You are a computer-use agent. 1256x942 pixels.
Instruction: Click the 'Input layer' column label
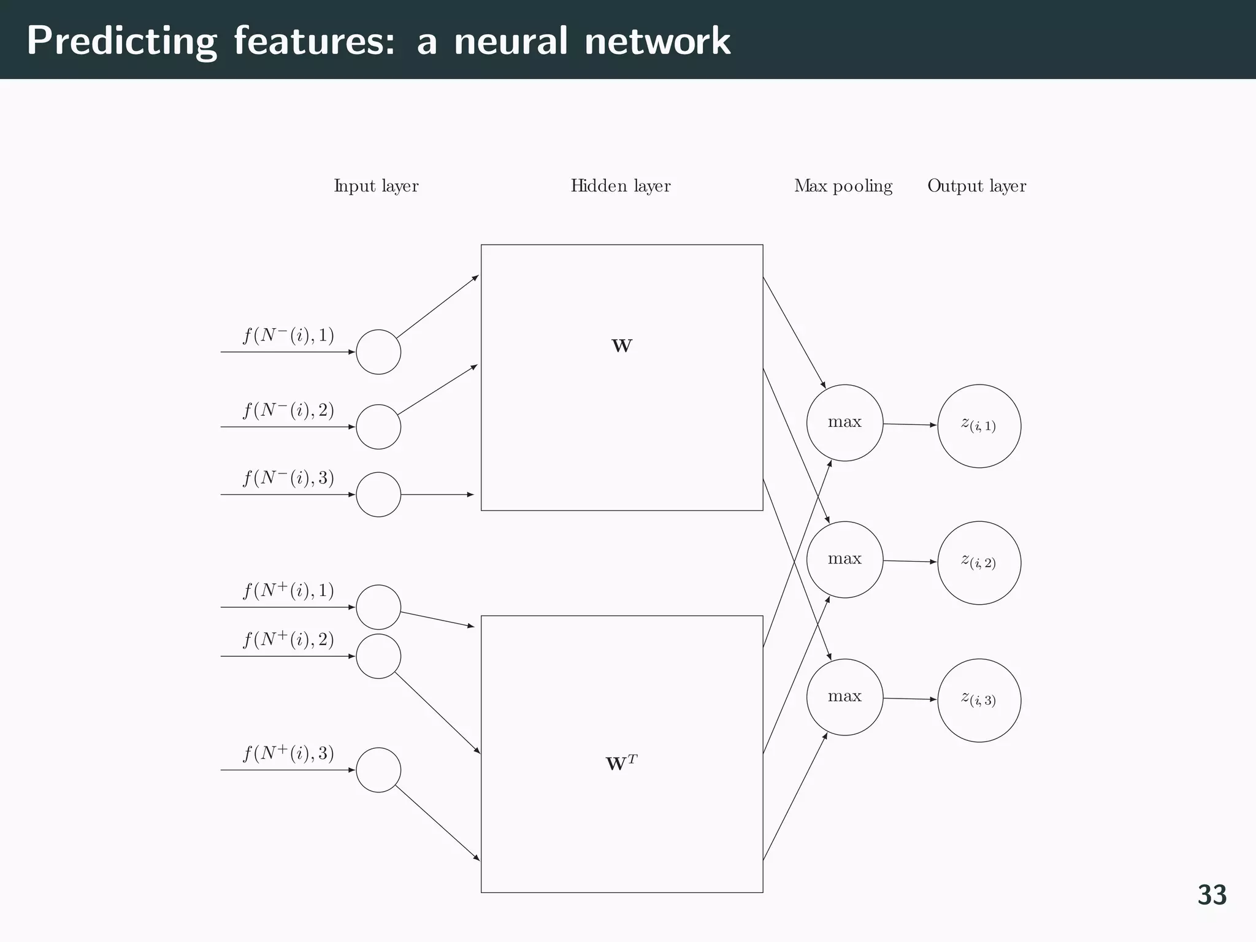tap(376, 186)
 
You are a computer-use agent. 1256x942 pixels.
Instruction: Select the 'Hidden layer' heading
tap(620, 186)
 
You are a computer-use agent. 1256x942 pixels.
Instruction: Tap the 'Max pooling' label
tap(843, 186)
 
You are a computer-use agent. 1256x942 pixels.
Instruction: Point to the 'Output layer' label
tap(976, 186)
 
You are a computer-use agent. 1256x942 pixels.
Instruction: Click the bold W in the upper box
tap(622, 347)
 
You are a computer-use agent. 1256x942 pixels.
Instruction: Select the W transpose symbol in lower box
tap(621, 764)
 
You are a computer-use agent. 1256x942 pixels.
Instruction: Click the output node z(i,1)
tap(979, 426)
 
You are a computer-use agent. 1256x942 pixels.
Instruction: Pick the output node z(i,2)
tap(979, 562)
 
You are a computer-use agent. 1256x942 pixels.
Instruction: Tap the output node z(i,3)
tap(979, 700)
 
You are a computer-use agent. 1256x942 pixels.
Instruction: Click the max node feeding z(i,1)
tap(844, 423)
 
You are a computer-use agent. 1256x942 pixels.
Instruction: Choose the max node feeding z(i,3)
tap(844, 697)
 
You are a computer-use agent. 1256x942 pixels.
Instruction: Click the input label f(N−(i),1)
tap(288, 336)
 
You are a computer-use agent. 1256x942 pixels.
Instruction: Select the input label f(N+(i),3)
tap(288, 754)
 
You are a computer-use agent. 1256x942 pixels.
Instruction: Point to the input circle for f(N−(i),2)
tap(378, 427)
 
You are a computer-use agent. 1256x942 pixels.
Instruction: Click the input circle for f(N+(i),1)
tap(378, 607)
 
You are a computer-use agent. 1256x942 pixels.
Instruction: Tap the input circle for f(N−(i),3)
tap(378, 494)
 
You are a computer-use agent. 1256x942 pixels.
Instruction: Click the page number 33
tap(1212, 895)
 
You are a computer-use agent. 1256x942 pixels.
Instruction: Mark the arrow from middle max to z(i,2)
tap(909, 561)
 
